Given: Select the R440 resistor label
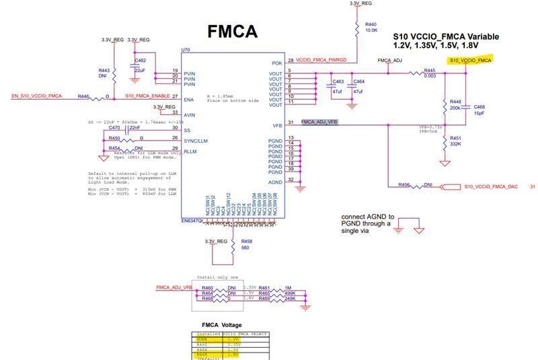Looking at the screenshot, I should [371, 24].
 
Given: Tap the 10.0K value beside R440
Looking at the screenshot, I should [372, 31].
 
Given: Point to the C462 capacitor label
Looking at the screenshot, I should [141, 61].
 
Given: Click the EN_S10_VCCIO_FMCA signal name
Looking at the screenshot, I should [36, 96].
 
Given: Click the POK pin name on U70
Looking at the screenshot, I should [276, 63].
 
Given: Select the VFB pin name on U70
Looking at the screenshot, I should [276, 124].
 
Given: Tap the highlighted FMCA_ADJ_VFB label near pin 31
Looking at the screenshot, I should [319, 122].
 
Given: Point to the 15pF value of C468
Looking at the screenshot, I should [479, 113].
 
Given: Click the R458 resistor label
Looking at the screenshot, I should [246, 241].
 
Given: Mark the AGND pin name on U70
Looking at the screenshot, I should [275, 182].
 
